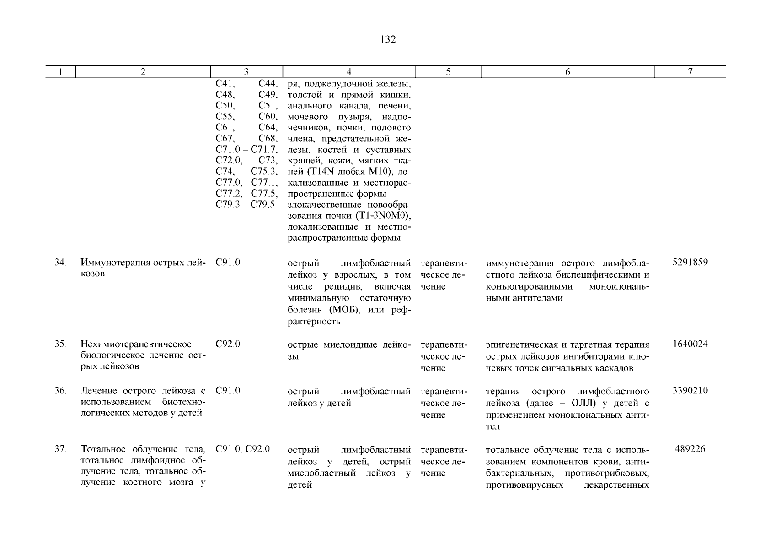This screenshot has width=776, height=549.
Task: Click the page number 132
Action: point(388,40)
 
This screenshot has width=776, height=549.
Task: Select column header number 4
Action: point(349,72)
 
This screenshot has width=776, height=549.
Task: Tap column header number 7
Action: point(690,72)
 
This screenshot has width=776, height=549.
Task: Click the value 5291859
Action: point(690,263)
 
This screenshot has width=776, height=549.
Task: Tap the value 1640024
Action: point(690,344)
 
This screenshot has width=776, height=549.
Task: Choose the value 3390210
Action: point(690,391)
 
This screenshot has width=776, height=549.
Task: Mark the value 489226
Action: point(690,449)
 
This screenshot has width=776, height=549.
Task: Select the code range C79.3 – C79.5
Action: point(245,205)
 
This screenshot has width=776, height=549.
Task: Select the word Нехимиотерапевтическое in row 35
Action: point(136,344)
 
